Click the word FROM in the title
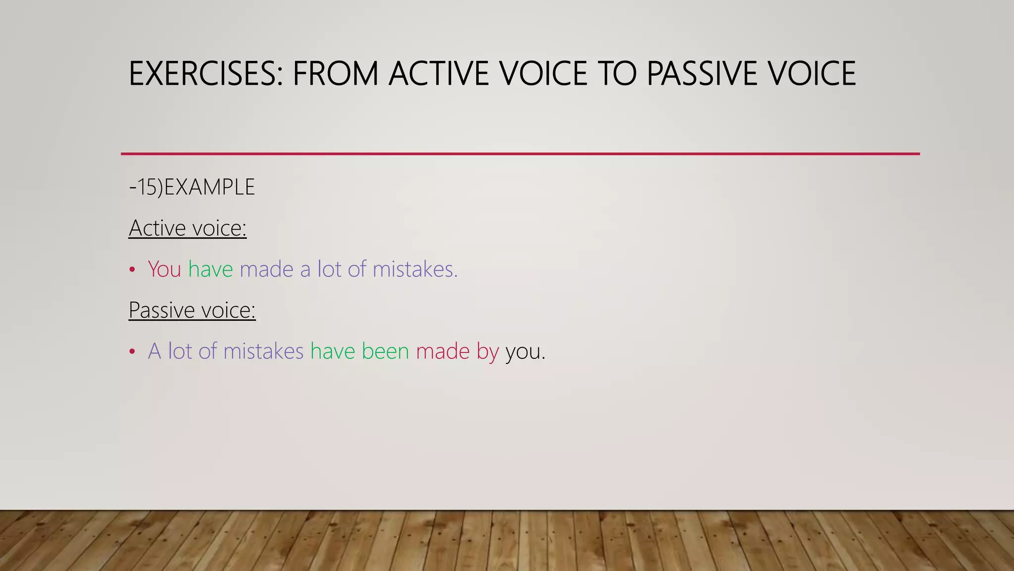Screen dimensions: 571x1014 coord(335,73)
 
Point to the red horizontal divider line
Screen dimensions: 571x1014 coord(520,154)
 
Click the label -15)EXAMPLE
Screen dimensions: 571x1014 coord(192,187)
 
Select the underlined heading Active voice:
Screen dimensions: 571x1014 coord(187,228)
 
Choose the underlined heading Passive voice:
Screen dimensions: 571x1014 coord(192,311)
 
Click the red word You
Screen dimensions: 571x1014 coord(164,269)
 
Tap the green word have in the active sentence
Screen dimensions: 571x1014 coord(210,269)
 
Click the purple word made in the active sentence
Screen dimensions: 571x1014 coord(266,269)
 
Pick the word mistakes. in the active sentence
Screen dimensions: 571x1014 coord(415,269)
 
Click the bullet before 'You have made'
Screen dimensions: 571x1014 coord(132,270)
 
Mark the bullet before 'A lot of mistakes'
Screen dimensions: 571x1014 coord(132,352)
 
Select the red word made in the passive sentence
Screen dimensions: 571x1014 coord(443,351)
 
